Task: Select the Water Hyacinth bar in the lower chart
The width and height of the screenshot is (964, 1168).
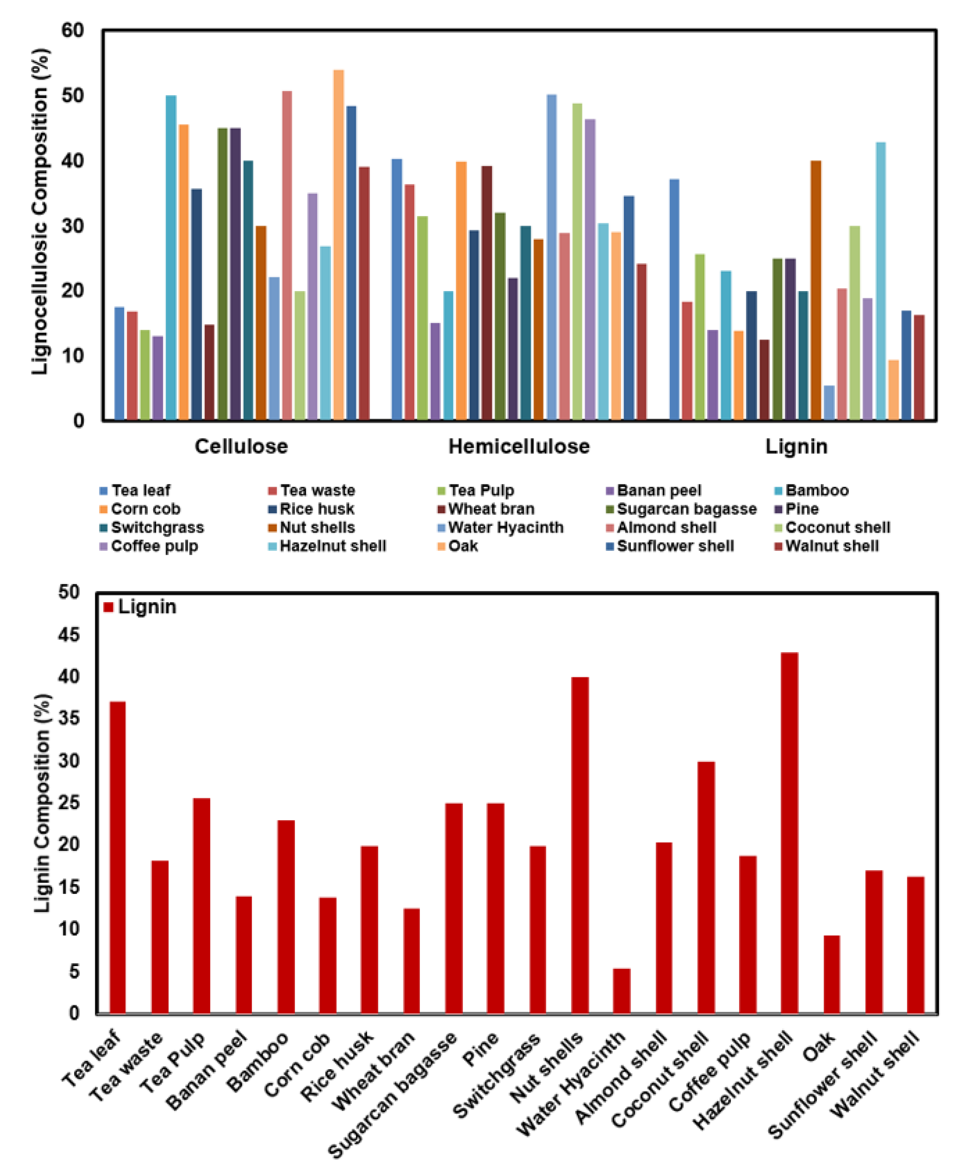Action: (621, 992)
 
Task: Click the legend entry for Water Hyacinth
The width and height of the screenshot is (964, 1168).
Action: (505, 527)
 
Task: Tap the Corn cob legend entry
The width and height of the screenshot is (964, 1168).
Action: (145, 509)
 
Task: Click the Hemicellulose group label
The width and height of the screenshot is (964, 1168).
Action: (519, 447)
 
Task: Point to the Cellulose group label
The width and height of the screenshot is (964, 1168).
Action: (241, 447)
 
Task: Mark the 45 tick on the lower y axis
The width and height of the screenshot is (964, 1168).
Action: (68, 634)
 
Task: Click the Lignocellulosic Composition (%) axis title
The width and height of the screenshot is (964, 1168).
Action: (40, 211)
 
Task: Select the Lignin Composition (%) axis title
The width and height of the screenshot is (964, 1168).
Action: (42, 803)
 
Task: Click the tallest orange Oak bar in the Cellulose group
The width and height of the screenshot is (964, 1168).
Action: (338, 244)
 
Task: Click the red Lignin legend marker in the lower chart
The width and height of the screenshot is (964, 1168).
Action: (109, 607)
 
